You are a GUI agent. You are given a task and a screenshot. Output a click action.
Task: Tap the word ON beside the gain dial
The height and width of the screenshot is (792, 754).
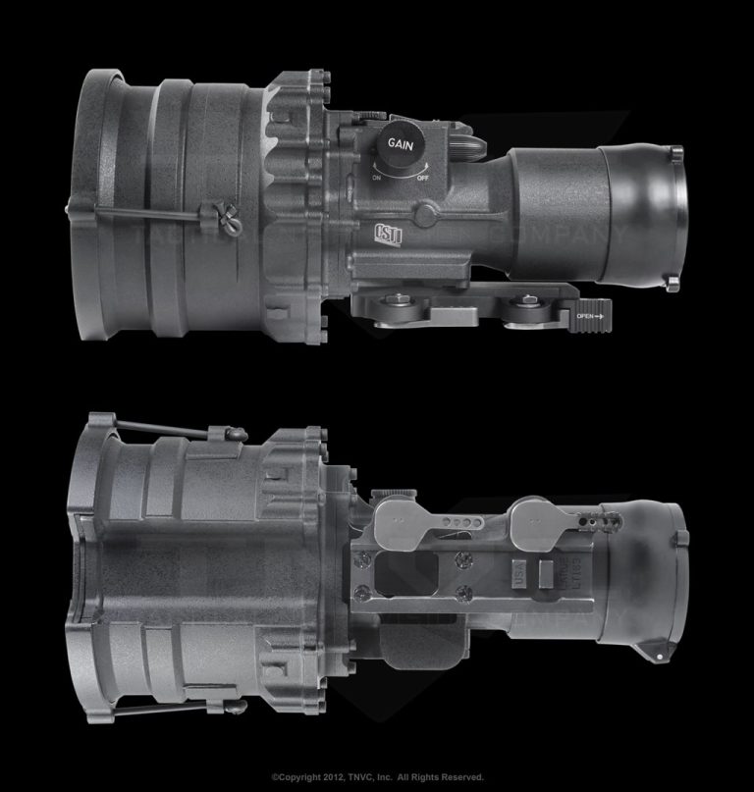coord(376,178)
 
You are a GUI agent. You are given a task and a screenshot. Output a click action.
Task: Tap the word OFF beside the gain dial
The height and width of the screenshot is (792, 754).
coord(422,178)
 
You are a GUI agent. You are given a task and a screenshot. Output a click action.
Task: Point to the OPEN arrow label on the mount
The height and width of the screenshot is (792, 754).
coord(590,316)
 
